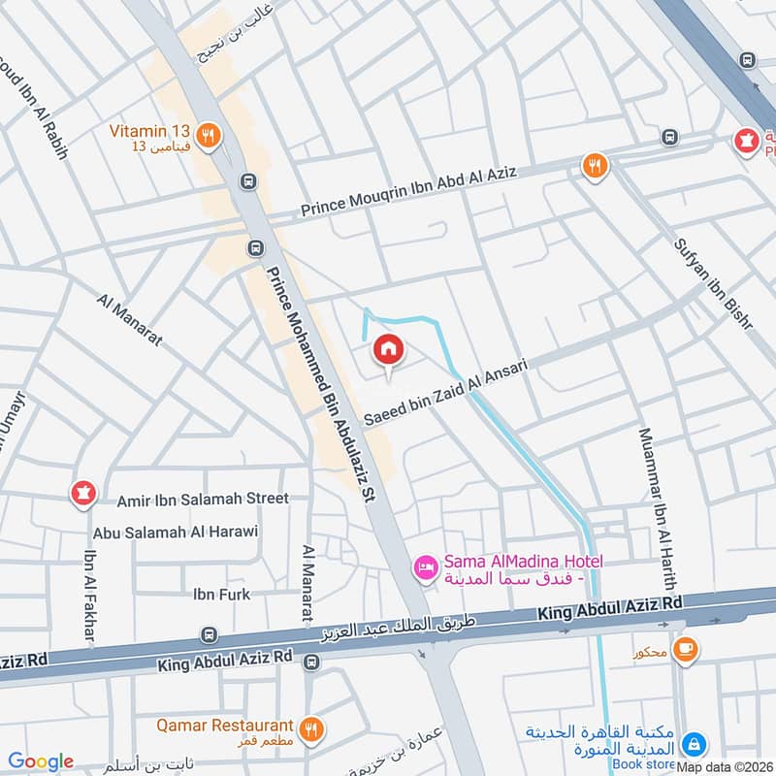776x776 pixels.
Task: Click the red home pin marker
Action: (388, 349)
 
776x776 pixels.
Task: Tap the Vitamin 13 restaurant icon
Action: (207, 137)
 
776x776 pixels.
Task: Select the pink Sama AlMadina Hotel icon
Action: (424, 568)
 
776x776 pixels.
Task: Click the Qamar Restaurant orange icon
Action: (310, 728)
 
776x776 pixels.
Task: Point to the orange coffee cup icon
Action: (685, 649)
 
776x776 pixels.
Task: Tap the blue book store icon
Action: (694, 744)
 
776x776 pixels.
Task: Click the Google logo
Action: (41, 761)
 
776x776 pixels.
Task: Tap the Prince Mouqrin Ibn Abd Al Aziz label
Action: (408, 190)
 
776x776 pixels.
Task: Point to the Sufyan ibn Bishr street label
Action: (713, 281)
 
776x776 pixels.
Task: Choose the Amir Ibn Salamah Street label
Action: (203, 498)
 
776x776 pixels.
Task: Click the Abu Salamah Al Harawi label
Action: (176, 532)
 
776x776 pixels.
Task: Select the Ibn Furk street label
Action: (222, 594)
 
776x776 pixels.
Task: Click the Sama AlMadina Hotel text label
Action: (524, 569)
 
